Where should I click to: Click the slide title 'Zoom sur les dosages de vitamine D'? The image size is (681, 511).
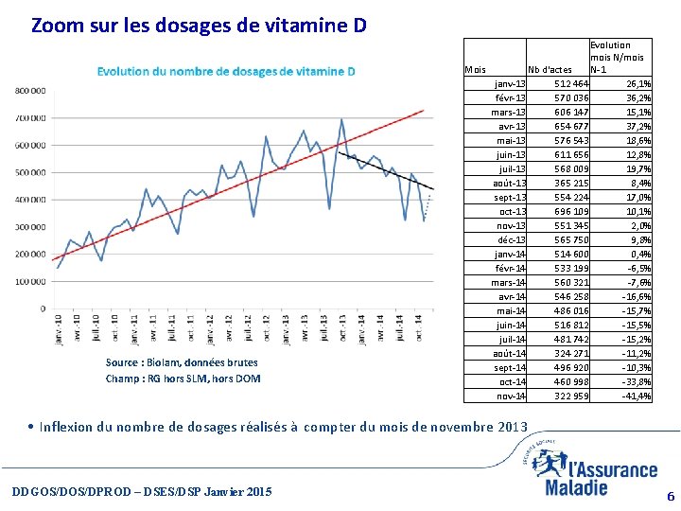[x=199, y=25]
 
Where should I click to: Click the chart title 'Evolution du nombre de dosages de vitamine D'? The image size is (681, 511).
[x=226, y=71]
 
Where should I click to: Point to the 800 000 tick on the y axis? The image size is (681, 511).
[x=29, y=91]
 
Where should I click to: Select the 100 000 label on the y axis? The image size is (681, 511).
[x=29, y=281]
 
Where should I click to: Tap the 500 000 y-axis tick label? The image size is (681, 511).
[x=29, y=172]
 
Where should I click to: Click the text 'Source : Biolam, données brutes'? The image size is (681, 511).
[x=182, y=362]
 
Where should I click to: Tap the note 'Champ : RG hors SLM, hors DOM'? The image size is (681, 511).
[x=183, y=379]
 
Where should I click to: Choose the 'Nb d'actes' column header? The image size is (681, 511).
[x=550, y=69]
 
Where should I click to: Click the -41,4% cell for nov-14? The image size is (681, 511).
[x=636, y=396]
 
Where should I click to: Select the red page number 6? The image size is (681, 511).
[x=670, y=496]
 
